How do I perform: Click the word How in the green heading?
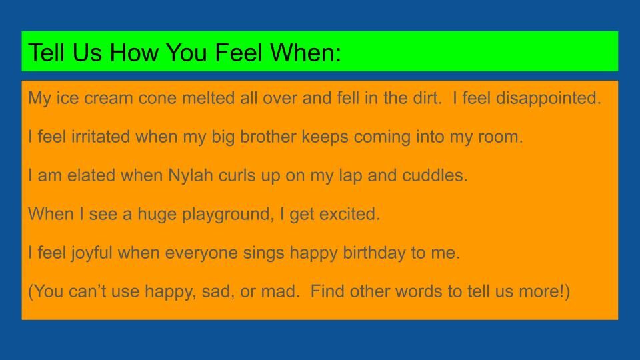(134, 53)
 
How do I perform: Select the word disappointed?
(549, 99)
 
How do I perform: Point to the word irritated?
(101, 137)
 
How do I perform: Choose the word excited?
(349, 214)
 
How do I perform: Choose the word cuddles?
(435, 175)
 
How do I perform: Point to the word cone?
(157, 99)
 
